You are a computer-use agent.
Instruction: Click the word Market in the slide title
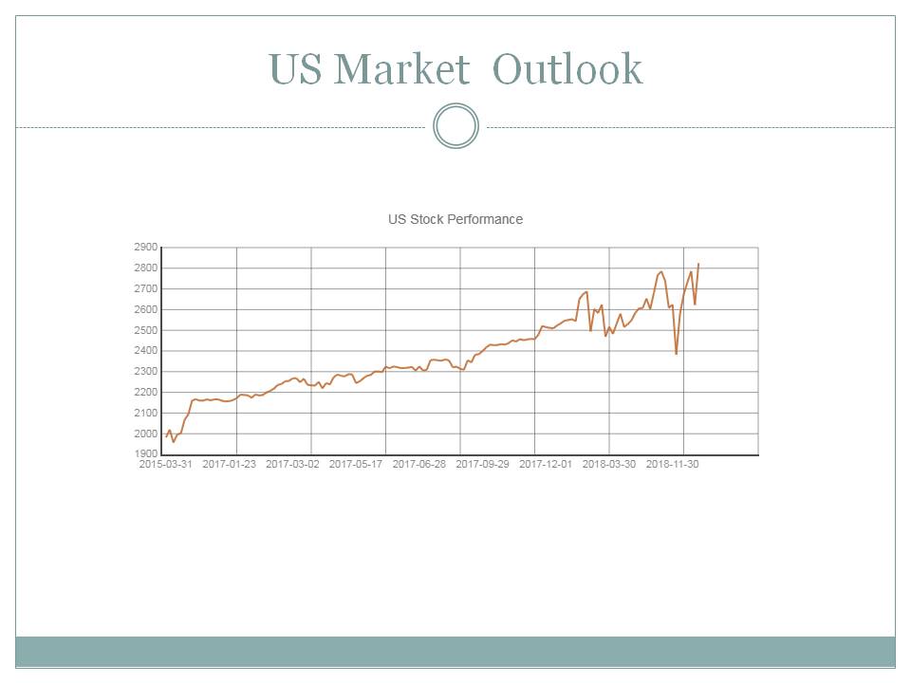point(402,69)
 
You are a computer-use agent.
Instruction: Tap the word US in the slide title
point(296,69)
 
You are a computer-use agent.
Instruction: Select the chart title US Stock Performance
point(455,219)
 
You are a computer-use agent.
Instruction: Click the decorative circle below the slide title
point(455,126)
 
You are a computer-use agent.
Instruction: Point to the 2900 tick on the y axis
point(146,248)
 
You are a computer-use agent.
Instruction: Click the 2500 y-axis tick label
point(146,330)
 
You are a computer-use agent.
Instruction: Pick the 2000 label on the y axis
point(146,434)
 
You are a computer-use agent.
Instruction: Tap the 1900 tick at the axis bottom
point(146,453)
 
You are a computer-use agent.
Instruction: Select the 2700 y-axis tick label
point(146,288)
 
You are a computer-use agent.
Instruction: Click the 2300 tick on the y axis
point(146,372)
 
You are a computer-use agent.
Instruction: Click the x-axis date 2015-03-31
point(166,465)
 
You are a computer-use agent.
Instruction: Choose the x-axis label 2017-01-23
point(230,465)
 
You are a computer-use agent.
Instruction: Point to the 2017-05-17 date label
point(356,465)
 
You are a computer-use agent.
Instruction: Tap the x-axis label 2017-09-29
point(483,465)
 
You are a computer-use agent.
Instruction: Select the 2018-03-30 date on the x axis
point(609,465)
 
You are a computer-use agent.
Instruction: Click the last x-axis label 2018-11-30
point(673,465)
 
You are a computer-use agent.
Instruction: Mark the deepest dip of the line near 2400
point(677,354)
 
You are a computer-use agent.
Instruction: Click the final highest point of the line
point(698,264)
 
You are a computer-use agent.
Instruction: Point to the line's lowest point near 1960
point(173,442)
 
